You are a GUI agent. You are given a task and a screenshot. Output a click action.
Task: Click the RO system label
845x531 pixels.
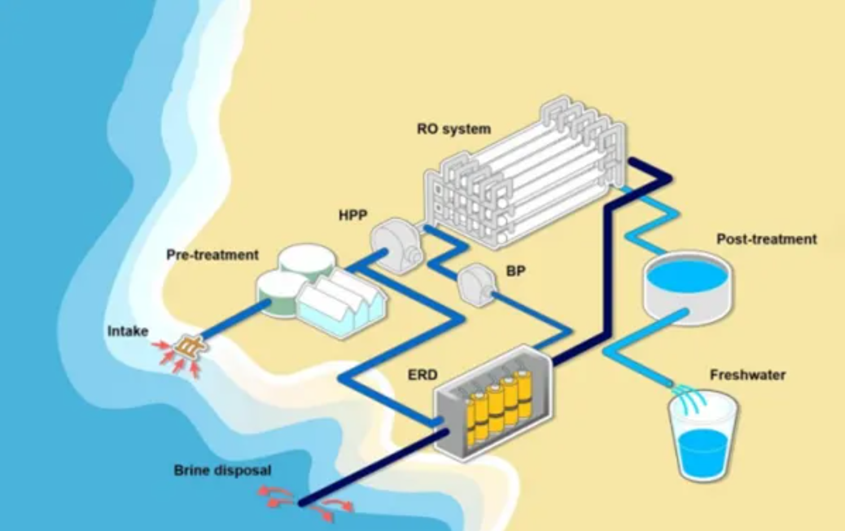(454, 129)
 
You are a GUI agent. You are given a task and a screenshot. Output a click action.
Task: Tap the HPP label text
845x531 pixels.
(353, 215)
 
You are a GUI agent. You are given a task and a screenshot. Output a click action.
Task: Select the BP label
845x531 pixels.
(515, 271)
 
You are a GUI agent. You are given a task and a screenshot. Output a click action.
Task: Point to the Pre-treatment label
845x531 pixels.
(212, 255)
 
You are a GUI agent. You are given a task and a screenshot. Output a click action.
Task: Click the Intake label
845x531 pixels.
(128, 331)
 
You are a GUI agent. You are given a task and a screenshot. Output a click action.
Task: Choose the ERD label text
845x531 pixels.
(422, 375)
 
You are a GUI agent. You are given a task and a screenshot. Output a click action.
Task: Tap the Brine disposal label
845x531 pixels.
(222, 470)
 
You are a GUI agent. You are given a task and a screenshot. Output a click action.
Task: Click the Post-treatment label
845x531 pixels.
(767, 239)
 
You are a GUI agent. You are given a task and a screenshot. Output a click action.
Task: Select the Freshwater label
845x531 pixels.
(747, 375)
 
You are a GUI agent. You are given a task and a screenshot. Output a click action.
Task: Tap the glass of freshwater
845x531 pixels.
(703, 437)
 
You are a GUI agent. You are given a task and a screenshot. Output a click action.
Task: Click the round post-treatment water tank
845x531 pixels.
(687, 285)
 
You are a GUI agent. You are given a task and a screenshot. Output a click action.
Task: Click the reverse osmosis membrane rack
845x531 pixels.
(525, 175)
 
